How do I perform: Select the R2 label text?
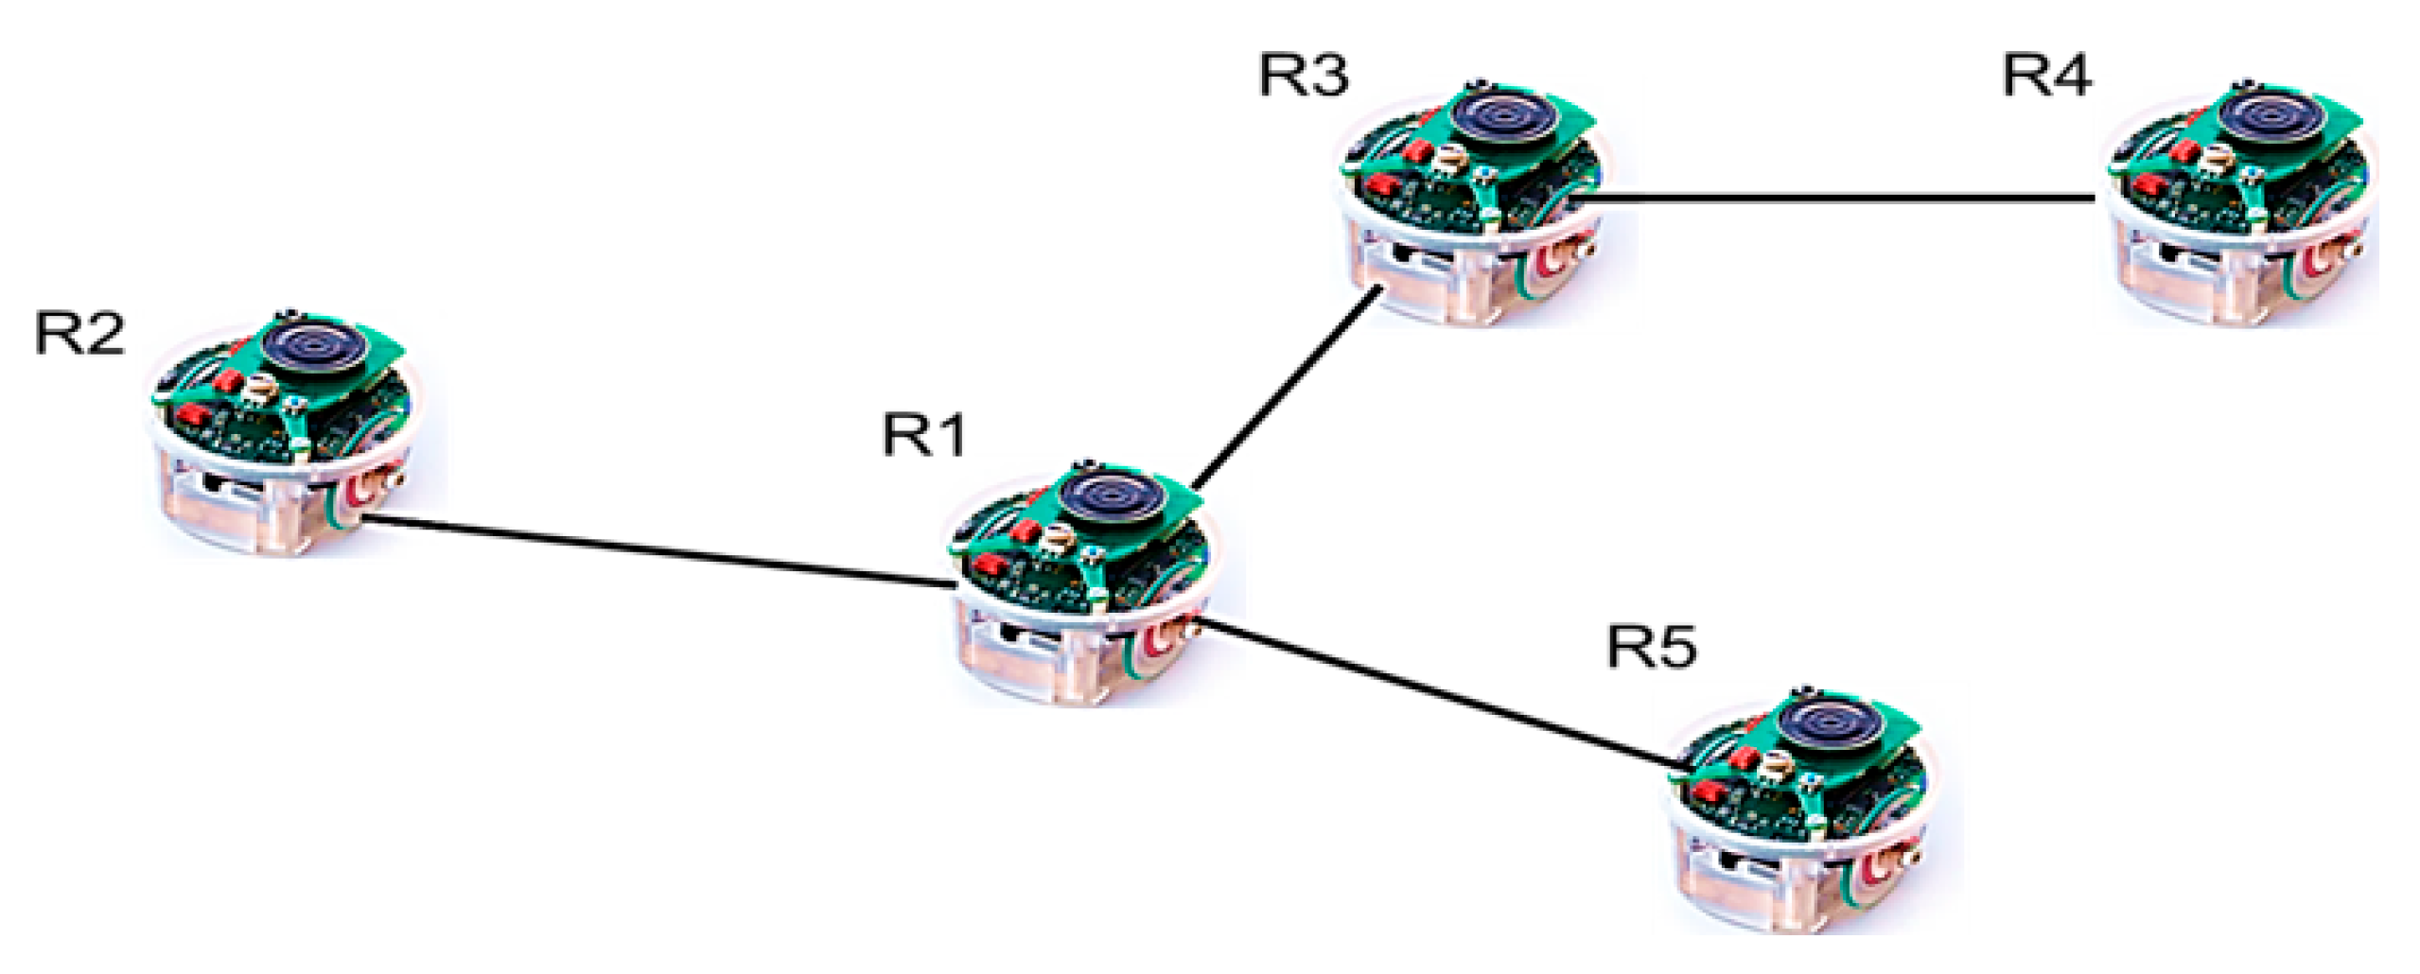pos(79,333)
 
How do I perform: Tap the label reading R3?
pos(1304,75)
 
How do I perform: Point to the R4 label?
pos(2047,75)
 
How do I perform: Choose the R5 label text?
pos(1653,648)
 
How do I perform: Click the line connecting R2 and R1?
pos(662,552)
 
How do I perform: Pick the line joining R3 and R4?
pos(1835,198)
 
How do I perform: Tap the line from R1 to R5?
pos(1438,695)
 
